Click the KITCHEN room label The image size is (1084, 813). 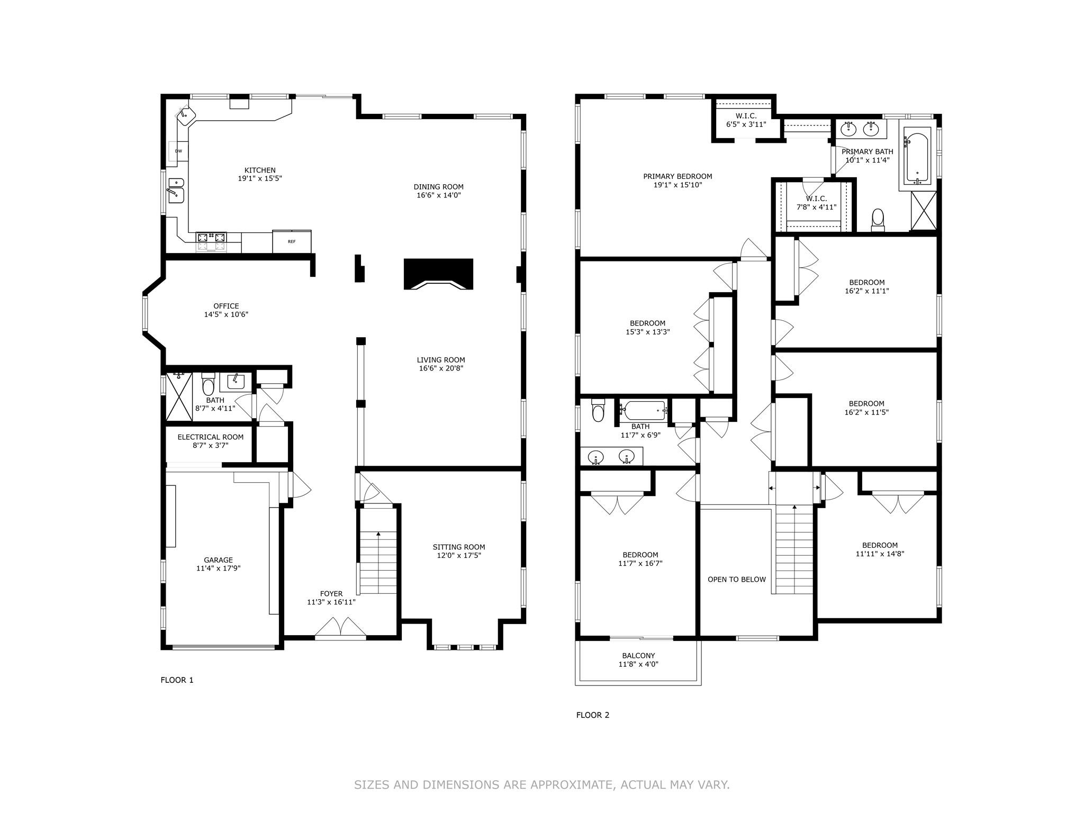[x=259, y=170]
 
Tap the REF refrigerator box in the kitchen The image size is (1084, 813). [x=292, y=242]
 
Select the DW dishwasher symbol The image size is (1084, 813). [x=178, y=151]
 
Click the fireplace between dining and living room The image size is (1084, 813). [x=438, y=274]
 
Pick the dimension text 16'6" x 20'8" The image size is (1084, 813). [x=440, y=368]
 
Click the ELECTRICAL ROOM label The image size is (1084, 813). [x=210, y=437]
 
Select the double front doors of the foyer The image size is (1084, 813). [x=340, y=628]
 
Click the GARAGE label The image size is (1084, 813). [x=218, y=560]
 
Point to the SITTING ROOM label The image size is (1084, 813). [x=458, y=547]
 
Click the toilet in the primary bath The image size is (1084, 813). [x=878, y=219]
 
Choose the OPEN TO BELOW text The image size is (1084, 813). [x=736, y=580]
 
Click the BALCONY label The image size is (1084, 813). [x=638, y=656]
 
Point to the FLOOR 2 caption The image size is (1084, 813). [x=592, y=715]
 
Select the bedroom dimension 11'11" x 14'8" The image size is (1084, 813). [x=879, y=554]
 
